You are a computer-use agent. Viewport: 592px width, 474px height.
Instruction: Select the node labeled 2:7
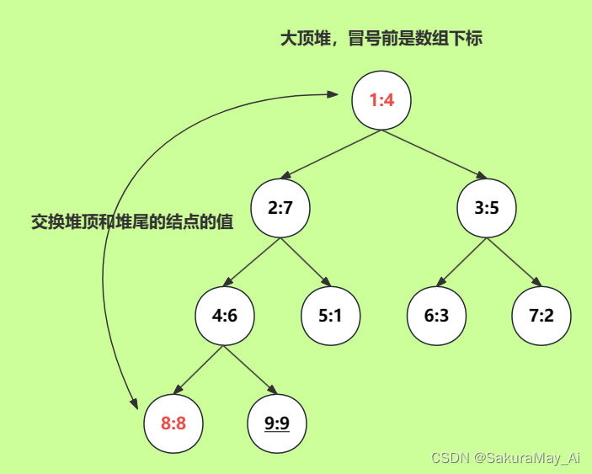coord(280,208)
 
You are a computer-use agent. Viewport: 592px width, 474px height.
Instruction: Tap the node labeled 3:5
coord(487,208)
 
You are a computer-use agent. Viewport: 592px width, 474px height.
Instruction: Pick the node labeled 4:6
coord(225,316)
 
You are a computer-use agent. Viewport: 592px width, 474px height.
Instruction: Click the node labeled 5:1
coord(331,316)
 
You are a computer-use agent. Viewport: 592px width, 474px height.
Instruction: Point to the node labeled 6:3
coord(436,316)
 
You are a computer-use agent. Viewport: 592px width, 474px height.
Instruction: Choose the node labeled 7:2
coord(541,316)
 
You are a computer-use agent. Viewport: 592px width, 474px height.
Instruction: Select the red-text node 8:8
coord(173,423)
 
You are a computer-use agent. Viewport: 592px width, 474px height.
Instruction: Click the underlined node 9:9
coord(277,423)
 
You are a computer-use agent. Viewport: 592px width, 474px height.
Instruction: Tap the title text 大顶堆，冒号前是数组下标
coord(381,39)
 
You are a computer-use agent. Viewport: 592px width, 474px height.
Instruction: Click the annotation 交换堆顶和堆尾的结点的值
coord(132,222)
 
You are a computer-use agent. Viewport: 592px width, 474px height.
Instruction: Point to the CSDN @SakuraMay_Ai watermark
coord(505,457)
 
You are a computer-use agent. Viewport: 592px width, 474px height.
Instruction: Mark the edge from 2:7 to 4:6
coord(253,261)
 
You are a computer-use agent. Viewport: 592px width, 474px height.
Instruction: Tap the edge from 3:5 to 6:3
coord(462,261)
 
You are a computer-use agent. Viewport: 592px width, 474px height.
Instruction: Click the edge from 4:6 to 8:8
coord(200,369)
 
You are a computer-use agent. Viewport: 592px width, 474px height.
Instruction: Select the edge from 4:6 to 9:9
coord(250,369)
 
